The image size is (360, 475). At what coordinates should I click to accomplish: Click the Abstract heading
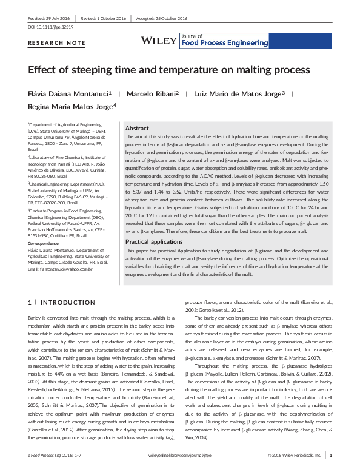point(137,129)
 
